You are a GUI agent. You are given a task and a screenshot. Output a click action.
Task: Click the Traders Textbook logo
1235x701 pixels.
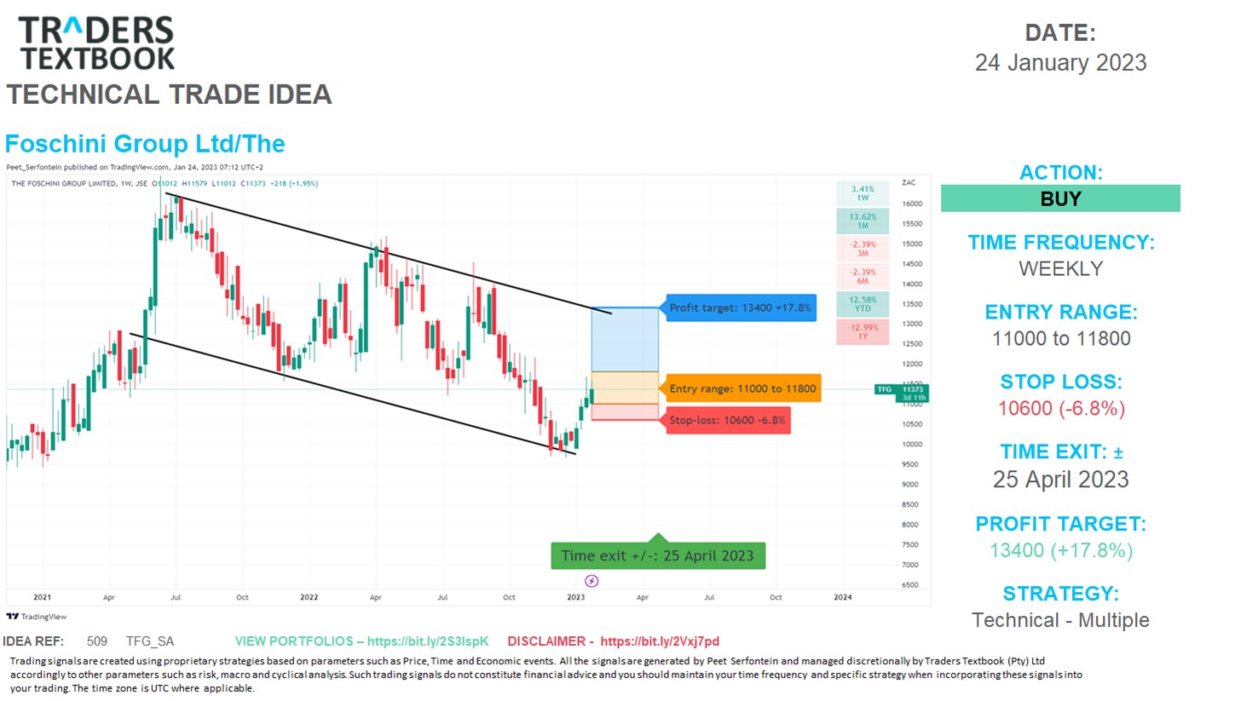(97, 43)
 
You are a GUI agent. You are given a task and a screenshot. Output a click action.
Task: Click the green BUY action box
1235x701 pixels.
(1060, 199)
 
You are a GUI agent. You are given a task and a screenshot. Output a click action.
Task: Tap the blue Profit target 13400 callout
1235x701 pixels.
(740, 307)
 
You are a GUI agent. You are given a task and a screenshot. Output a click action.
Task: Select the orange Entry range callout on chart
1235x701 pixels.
(742, 389)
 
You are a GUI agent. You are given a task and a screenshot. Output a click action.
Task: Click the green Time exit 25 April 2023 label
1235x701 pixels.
(657, 555)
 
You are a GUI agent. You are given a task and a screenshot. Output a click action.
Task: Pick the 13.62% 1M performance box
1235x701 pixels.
(863, 221)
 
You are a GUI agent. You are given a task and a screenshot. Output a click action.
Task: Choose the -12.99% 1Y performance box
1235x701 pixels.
(863, 331)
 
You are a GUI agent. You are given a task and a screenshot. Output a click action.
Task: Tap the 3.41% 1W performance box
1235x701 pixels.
(863, 193)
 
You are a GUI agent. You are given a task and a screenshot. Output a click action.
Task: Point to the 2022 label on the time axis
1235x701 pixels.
(309, 597)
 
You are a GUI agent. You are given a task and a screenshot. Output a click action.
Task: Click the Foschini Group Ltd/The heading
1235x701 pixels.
(145, 144)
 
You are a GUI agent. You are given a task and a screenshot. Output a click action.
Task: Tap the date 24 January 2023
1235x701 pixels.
(1060, 63)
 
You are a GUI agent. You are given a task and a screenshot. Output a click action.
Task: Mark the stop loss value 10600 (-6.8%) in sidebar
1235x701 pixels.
(1061, 408)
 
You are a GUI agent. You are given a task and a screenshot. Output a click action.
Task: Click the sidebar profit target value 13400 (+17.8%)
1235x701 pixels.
(1061, 550)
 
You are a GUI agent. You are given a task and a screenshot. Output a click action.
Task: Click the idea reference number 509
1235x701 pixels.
(97, 641)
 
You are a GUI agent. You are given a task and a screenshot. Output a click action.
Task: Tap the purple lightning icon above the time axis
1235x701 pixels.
(592, 581)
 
